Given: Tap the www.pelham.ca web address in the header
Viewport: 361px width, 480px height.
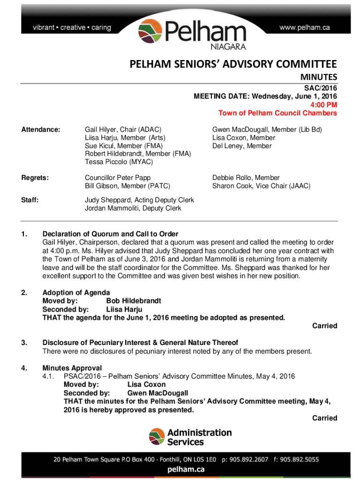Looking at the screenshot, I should coord(304,28).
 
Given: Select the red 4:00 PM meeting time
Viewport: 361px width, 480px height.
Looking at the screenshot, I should coord(323,105).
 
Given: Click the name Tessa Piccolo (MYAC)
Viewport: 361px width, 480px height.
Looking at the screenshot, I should coord(119,162).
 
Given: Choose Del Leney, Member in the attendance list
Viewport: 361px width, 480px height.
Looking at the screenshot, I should coord(241,146).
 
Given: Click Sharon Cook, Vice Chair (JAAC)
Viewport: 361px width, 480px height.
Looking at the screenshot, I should coord(261,186).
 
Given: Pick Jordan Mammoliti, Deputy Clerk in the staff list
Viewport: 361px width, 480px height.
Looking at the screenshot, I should coord(133,208).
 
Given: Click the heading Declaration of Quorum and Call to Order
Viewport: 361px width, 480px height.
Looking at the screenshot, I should coord(110,234).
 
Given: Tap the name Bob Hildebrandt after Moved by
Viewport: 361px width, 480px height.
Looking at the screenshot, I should coord(134,301).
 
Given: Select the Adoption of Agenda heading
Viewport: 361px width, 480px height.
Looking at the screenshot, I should coord(76,293).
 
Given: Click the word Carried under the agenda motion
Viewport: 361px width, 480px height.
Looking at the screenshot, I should coord(324,326).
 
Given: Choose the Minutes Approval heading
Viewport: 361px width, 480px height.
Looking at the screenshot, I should coord(72,368).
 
